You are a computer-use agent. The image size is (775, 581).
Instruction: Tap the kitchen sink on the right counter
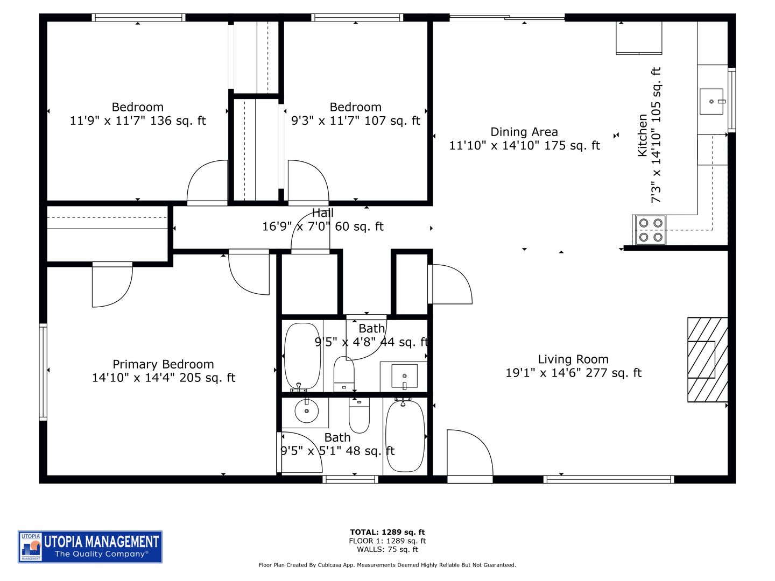(x=712, y=102)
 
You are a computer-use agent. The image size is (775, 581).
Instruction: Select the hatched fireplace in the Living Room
(x=707, y=359)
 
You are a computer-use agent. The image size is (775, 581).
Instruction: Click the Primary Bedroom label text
(x=163, y=364)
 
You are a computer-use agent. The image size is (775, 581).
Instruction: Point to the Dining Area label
(x=524, y=132)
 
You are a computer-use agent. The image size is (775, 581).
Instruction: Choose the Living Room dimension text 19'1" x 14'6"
(x=573, y=373)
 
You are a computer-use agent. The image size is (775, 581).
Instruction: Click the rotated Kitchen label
(x=643, y=135)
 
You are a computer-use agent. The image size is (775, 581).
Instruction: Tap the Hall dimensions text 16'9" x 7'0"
(x=322, y=226)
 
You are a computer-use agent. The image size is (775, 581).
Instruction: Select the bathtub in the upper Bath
(x=302, y=357)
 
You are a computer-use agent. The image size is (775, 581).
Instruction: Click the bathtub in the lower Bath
(x=405, y=436)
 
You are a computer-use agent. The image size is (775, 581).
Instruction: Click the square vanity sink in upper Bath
(x=404, y=376)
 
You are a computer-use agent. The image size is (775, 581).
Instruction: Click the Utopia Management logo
(x=90, y=547)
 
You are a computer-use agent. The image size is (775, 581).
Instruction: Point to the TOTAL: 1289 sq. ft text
(x=387, y=533)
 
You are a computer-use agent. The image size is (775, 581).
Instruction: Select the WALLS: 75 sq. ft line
(x=387, y=549)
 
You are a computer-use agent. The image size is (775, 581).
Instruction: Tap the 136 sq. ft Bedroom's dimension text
(x=137, y=121)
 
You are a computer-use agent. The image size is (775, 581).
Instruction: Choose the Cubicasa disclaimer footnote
(x=387, y=565)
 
